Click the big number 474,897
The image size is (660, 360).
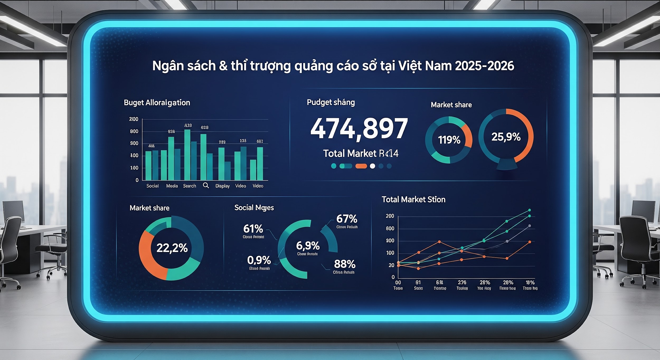tap(359, 129)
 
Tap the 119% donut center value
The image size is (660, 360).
tap(449, 140)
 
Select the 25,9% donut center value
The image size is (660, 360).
tap(506, 137)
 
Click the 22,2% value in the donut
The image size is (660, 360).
tap(172, 248)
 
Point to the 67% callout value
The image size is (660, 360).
tap(347, 219)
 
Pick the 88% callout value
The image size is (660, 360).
tap(345, 264)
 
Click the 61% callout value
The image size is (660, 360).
tap(253, 229)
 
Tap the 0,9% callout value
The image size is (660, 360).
tap(259, 260)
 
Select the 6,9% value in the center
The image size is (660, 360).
tap(308, 246)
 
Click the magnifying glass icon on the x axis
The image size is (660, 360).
tap(206, 186)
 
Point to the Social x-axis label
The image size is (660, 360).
tap(152, 186)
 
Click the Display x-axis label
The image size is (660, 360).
tap(222, 186)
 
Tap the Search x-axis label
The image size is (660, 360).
tap(190, 186)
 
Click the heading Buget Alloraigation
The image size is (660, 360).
tap(157, 102)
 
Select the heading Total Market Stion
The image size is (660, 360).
tap(413, 199)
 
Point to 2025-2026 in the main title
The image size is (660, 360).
tap(484, 66)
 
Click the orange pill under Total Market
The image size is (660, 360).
tap(361, 166)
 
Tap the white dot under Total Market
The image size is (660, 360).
tap(373, 166)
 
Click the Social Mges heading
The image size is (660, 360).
tap(254, 208)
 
